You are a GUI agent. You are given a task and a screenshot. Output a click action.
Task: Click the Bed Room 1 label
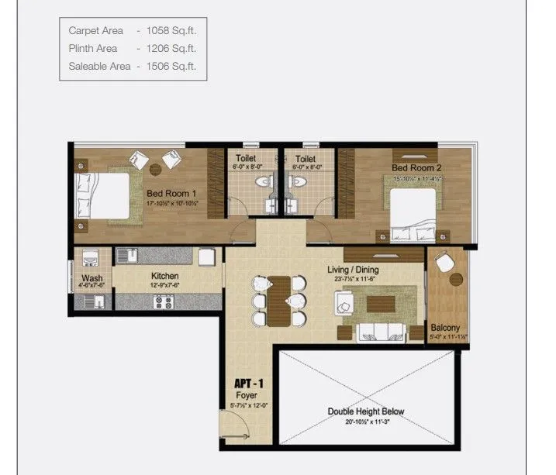click(x=171, y=194)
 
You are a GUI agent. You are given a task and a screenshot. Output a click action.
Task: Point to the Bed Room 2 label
click(x=416, y=168)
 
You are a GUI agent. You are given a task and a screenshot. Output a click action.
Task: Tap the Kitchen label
click(x=164, y=276)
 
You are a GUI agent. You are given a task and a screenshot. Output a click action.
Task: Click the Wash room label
click(x=92, y=278)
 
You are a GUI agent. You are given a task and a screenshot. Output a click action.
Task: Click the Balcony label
click(x=446, y=328)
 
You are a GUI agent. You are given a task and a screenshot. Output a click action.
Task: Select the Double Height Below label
click(x=365, y=411)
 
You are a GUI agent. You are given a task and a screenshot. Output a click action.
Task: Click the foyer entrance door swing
click(x=231, y=425)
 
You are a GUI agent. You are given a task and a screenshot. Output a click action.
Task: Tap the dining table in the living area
click(x=280, y=299)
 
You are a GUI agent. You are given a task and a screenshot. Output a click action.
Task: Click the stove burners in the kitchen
click(x=164, y=302)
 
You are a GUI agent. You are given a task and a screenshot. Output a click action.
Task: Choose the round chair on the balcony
click(x=444, y=263)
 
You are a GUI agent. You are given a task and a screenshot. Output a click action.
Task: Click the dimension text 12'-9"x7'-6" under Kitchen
click(x=164, y=286)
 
